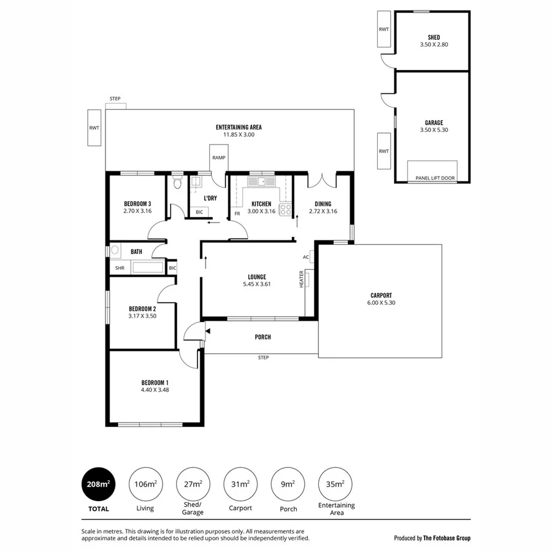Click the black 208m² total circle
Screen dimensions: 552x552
98,484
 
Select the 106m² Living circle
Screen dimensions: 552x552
145,484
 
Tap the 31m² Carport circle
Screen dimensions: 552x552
240,484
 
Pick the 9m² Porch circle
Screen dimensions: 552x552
288,484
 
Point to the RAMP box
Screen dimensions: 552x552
219,158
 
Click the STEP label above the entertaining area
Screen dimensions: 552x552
115,99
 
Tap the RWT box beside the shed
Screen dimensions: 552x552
384,29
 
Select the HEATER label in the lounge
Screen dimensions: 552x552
302,280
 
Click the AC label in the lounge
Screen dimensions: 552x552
305,257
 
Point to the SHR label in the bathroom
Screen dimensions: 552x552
119,268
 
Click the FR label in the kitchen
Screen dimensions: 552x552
237,214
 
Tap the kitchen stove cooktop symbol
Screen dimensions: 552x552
286,210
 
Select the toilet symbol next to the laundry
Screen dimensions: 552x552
177,182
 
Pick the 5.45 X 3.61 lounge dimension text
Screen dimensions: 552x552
257,284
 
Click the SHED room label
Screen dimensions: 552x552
433,37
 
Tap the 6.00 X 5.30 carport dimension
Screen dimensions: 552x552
381,302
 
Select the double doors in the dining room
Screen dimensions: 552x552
323,181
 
